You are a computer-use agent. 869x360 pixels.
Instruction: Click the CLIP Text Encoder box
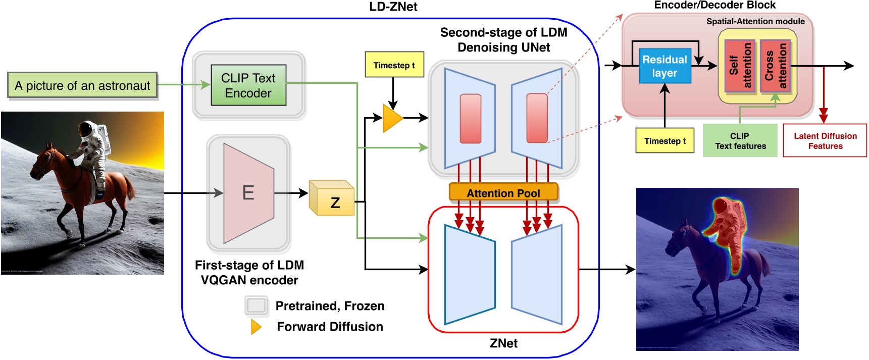248,85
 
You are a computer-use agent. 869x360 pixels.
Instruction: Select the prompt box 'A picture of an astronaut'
82,85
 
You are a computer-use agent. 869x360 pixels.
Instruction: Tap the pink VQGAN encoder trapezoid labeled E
248,193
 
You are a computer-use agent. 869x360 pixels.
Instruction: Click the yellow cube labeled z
332,199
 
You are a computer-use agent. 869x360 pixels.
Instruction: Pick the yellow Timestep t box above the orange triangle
394,65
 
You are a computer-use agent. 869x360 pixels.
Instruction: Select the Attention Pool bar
503,193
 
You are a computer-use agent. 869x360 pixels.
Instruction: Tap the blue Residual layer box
664,66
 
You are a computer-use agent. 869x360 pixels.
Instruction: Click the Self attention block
740,66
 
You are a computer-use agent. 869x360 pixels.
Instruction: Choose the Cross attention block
776,66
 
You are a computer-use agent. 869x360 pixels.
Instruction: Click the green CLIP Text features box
740,141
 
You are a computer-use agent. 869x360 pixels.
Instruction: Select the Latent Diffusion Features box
825,141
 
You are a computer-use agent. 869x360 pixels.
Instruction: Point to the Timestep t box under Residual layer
664,141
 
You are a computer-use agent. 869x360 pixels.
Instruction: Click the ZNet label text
503,343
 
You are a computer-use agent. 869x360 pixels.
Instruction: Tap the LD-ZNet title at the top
393,7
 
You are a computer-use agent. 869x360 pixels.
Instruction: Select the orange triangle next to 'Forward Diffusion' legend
256,327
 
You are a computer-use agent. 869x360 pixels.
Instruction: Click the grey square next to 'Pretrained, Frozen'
256,305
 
